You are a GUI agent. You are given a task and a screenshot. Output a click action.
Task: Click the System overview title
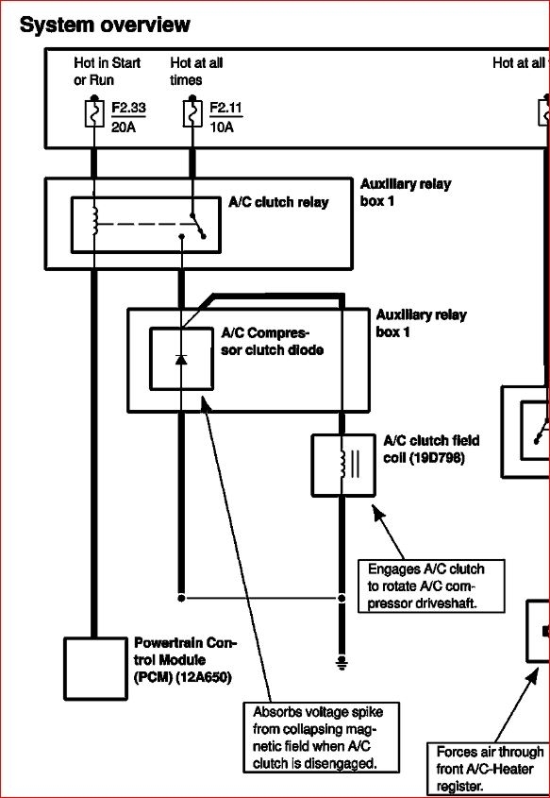[x=105, y=25]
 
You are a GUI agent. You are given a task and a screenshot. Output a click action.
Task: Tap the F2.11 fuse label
[x=223, y=109]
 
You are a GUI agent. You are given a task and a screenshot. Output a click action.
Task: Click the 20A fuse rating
[x=124, y=127]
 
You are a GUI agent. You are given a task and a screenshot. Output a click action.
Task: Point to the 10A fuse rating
[x=222, y=127]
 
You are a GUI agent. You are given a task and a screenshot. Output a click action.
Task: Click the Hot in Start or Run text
[x=107, y=72]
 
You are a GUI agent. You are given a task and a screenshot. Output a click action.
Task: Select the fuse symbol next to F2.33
[x=94, y=113]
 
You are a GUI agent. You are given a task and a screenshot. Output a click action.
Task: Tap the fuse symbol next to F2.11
[x=192, y=113]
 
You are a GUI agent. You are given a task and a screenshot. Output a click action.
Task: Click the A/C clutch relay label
[x=278, y=202]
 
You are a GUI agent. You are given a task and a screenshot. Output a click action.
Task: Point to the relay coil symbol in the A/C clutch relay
[x=94, y=219]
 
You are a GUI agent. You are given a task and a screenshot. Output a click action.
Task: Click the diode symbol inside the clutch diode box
[x=181, y=359]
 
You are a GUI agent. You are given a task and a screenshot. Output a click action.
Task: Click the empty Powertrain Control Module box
[x=94, y=669]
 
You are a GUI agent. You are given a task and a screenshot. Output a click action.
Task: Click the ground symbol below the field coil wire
[x=342, y=661]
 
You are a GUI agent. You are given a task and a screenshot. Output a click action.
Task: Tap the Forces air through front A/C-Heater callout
[x=489, y=768]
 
